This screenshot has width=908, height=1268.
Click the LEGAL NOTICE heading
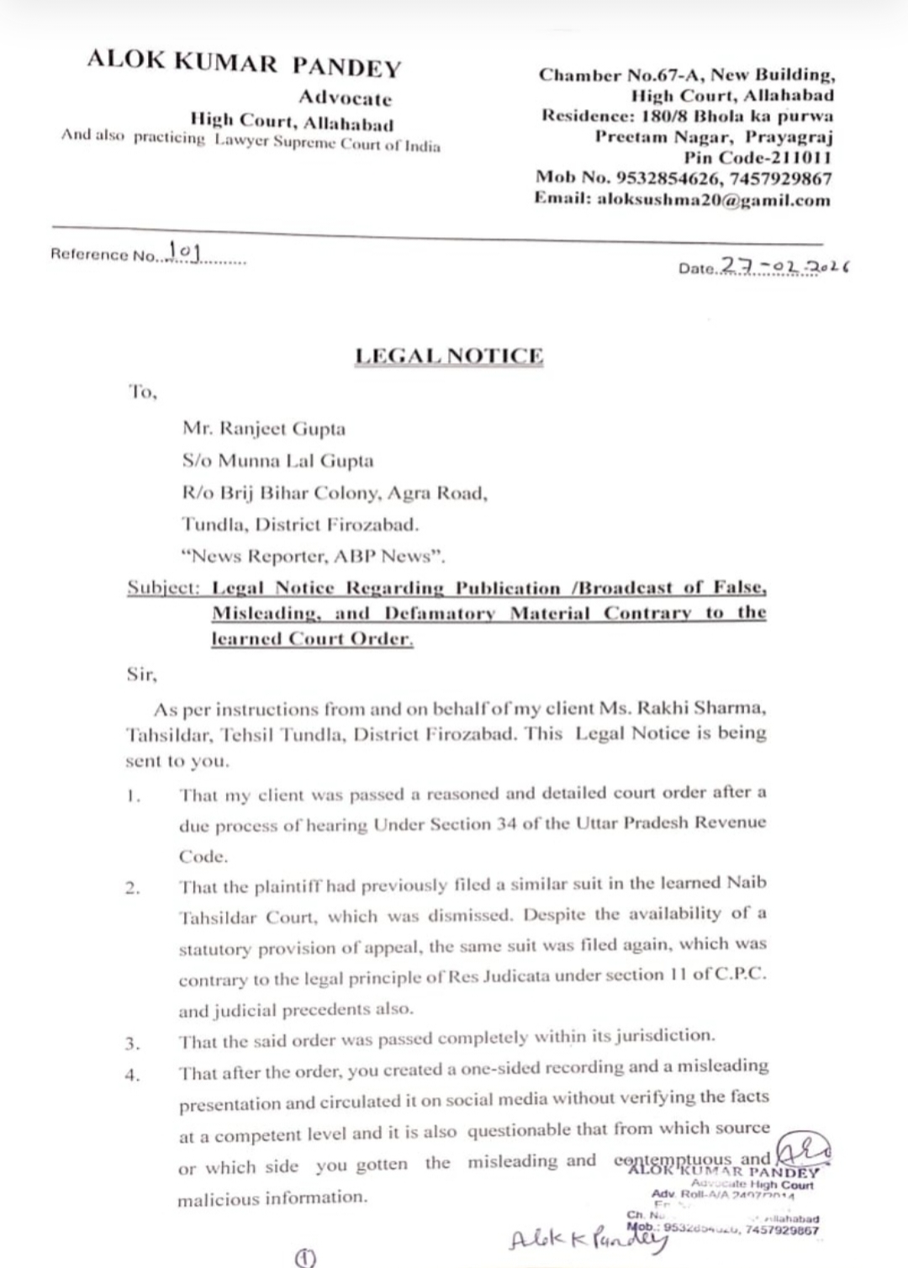tap(449, 356)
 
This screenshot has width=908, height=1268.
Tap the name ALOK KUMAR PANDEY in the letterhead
tap(244, 65)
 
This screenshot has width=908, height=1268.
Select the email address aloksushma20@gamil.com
tap(714, 200)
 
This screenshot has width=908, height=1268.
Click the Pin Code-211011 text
tap(757, 157)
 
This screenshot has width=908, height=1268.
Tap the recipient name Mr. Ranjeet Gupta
tap(264, 429)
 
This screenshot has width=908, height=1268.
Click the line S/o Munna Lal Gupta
tap(277, 461)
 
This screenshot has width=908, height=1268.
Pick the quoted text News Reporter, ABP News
tap(314, 556)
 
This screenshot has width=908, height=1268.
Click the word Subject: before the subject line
tap(163, 588)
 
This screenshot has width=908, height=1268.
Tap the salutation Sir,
tap(140, 674)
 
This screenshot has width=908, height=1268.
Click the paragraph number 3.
tap(132, 1044)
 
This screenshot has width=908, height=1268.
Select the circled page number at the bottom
tap(304, 1258)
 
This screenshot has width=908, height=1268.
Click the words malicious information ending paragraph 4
tap(272, 1197)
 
